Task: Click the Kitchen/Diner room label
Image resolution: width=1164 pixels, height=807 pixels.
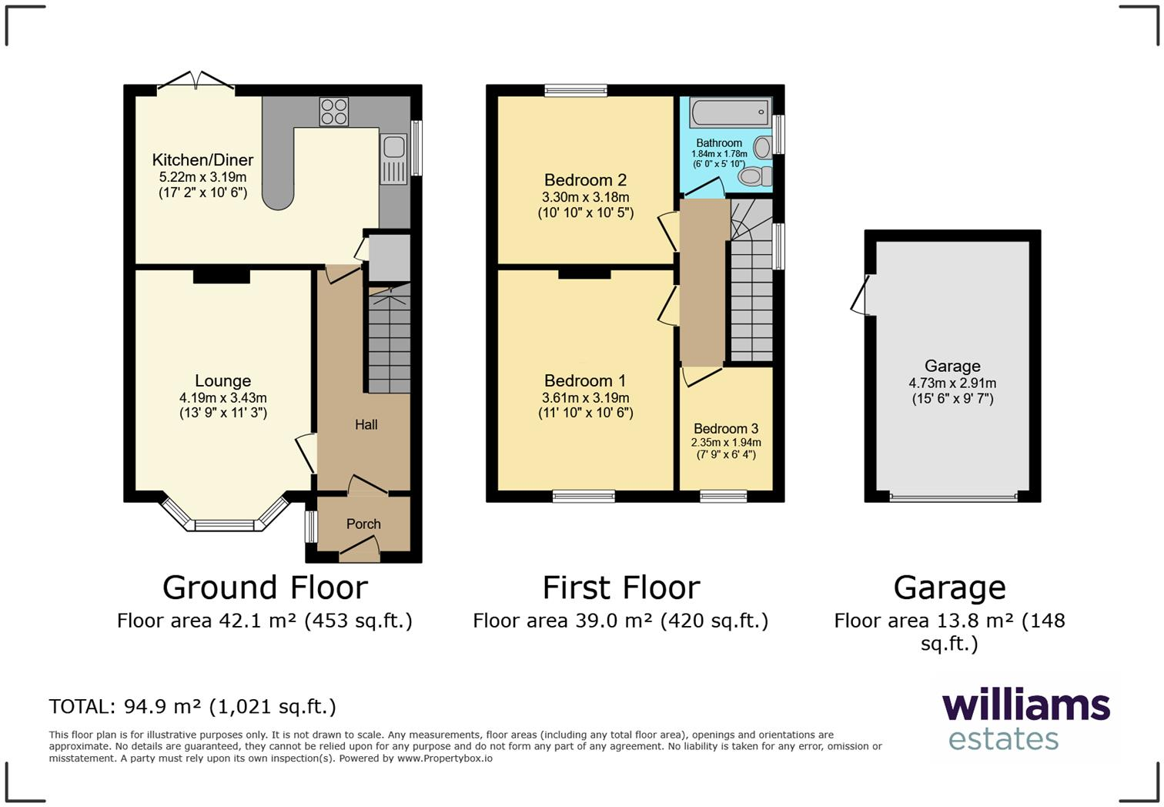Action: (202, 160)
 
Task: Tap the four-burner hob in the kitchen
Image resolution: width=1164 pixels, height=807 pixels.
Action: (333, 112)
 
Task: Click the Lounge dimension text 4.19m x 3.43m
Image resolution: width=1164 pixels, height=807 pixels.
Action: (222, 398)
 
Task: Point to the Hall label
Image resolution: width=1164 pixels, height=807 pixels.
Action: (366, 424)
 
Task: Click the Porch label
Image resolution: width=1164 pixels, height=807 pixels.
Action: (363, 524)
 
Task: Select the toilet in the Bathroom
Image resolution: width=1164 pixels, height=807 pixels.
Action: (755, 176)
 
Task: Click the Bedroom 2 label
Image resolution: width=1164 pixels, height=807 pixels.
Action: (585, 180)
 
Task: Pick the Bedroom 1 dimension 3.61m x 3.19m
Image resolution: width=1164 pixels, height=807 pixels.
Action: (585, 398)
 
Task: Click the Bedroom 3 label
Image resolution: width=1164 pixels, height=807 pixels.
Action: (726, 429)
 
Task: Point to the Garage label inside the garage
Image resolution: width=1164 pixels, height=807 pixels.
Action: (952, 367)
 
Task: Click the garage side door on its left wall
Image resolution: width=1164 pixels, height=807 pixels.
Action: (861, 295)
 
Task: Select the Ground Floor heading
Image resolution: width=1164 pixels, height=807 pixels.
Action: (265, 588)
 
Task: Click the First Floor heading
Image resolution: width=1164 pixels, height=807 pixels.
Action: (621, 588)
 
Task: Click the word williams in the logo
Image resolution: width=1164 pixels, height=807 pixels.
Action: (1025, 706)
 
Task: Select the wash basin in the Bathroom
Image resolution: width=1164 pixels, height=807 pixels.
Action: (763, 146)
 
